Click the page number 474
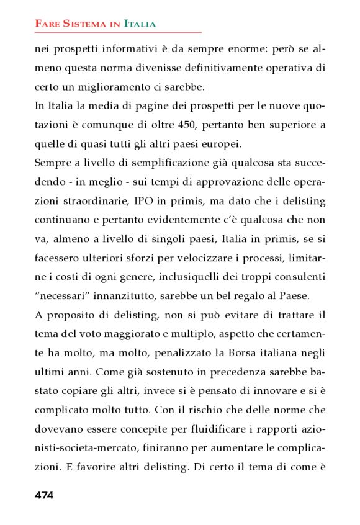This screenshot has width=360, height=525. pos(44,495)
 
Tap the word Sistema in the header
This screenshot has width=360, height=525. pos(80,24)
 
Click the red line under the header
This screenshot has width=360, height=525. pos(118,32)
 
